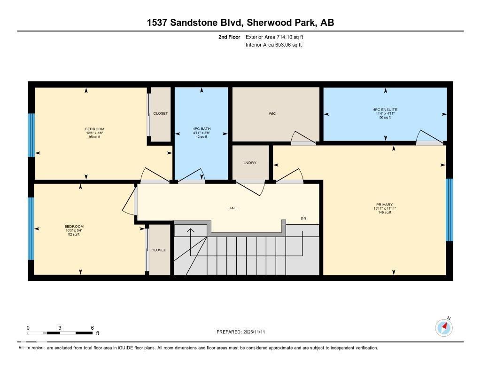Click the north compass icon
[x=444, y=327]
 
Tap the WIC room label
[x=272, y=113]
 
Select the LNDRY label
[x=250, y=163]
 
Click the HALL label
[x=233, y=208]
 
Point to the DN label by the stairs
[x=304, y=218]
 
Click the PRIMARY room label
[x=384, y=205]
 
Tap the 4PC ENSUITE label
[x=385, y=110]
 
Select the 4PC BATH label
[x=202, y=129]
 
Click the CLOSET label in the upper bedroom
[x=161, y=113]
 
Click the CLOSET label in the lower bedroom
[x=159, y=250]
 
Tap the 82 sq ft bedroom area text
[x=74, y=234]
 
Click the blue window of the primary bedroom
[x=449, y=210]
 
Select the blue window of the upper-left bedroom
[x=31, y=135]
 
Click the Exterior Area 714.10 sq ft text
[x=278, y=37]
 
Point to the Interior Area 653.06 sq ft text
[x=273, y=45]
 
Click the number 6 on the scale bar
[x=93, y=328]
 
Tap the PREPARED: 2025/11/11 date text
[x=243, y=332]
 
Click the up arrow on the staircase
[x=191, y=230]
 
